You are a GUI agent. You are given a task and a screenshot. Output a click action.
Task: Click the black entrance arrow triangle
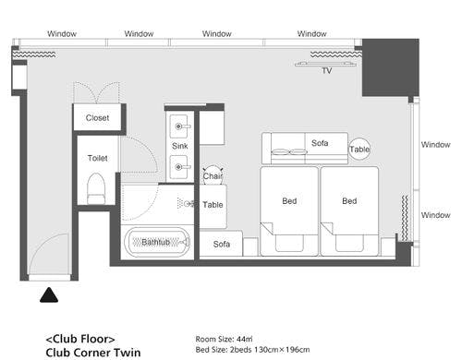(x=49, y=295)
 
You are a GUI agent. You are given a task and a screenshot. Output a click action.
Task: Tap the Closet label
(x=97, y=118)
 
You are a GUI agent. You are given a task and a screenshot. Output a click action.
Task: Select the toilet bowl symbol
(x=96, y=188)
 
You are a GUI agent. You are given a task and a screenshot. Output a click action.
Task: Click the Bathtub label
(x=156, y=242)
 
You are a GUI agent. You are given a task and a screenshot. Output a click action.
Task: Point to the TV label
(x=327, y=71)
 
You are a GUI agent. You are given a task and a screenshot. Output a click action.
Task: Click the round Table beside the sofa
(x=359, y=150)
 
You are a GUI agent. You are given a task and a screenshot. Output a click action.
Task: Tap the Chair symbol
(x=213, y=175)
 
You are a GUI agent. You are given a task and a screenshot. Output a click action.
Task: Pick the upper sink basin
(x=179, y=126)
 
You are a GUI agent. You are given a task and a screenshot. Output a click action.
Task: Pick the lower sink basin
(x=179, y=167)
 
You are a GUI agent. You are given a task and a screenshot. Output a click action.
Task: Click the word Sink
(x=180, y=146)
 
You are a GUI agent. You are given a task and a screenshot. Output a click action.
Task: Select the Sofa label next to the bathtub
(x=222, y=244)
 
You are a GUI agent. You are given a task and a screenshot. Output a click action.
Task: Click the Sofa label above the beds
(x=320, y=143)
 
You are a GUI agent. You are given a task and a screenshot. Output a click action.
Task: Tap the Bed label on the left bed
(x=289, y=201)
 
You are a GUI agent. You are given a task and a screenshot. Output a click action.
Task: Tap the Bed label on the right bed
(x=349, y=201)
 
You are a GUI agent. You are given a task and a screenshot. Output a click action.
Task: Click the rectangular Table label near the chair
(x=213, y=205)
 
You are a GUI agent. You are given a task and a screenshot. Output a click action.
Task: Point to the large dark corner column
(x=391, y=67)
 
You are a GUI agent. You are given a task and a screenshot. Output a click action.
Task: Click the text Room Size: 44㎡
(x=224, y=339)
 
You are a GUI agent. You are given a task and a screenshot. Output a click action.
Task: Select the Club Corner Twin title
(x=93, y=353)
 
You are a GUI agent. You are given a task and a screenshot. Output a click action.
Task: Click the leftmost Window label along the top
(x=62, y=33)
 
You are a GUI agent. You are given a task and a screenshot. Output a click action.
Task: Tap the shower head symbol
(x=186, y=203)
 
